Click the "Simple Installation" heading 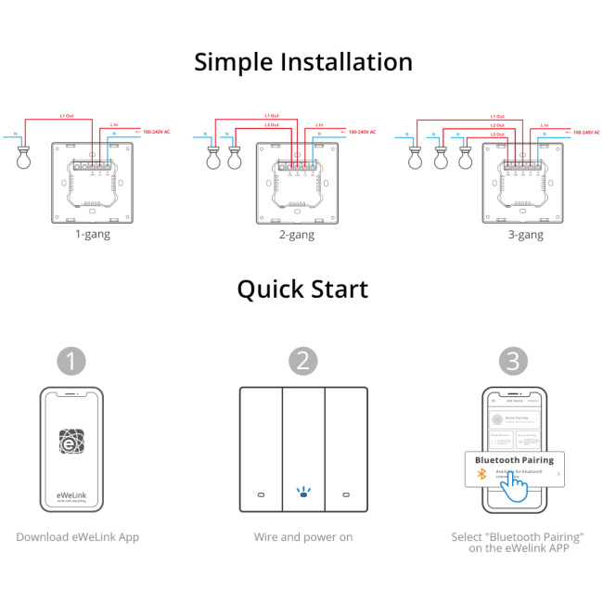pos(302,62)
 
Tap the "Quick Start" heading pos(302,289)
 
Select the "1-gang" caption pos(92,235)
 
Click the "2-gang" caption pos(296,235)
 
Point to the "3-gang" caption pos(525,235)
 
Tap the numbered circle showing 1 pos(71,360)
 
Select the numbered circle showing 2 pos(302,360)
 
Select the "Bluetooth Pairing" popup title pos(514,459)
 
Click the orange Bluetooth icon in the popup pos(481,474)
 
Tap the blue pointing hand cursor pos(514,488)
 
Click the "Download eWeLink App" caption pos(78,537)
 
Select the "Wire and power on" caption pos(302,537)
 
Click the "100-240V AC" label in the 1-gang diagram pos(156,133)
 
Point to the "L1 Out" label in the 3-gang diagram pos(497,117)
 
